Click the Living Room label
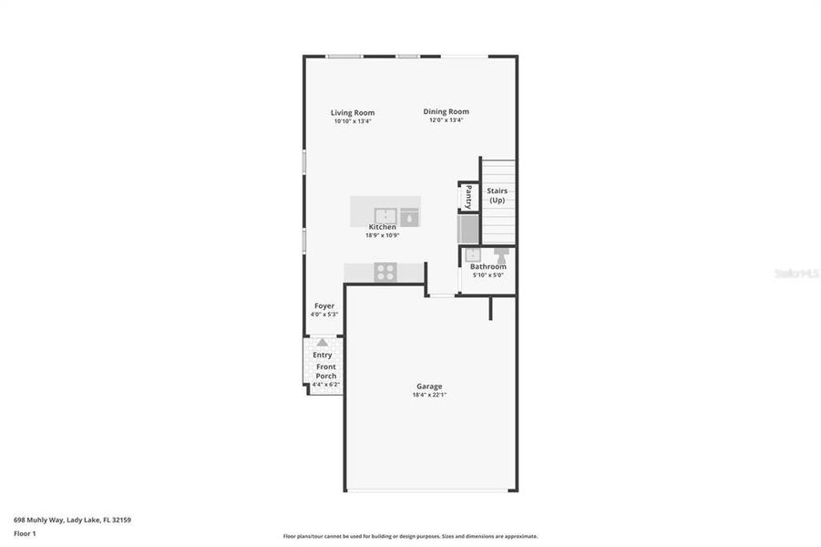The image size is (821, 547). pyautogui.click(x=353, y=113)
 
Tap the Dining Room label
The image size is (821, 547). pyautogui.click(x=446, y=112)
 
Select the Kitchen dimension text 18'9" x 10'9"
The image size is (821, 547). pyautogui.click(x=383, y=235)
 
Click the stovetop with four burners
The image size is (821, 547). pyautogui.click(x=385, y=272)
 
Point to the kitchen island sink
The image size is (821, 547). pyautogui.click(x=384, y=215)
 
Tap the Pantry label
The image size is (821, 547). pyautogui.click(x=468, y=196)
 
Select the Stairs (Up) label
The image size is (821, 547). pyautogui.click(x=498, y=195)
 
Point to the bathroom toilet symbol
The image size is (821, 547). pyautogui.click(x=501, y=255)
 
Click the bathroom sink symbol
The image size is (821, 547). pyautogui.click(x=473, y=255)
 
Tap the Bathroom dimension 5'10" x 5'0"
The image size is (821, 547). pyautogui.click(x=487, y=275)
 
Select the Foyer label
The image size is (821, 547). pyautogui.click(x=324, y=306)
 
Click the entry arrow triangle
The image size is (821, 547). pyautogui.click(x=322, y=344)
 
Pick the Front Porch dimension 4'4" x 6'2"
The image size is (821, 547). pyautogui.click(x=325, y=385)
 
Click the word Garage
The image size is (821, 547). pyautogui.click(x=429, y=387)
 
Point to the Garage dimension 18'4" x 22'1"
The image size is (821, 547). pyautogui.click(x=429, y=396)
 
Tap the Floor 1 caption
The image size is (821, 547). pyautogui.click(x=24, y=533)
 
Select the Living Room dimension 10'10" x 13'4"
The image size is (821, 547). pyautogui.click(x=353, y=121)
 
